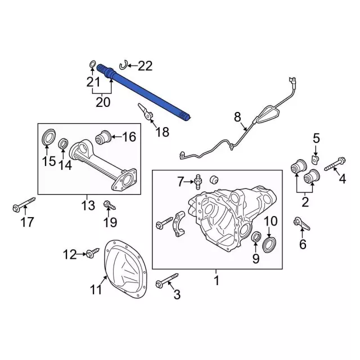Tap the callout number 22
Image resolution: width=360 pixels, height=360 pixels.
tap(145, 66)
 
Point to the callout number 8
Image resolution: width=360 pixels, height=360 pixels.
tap(237, 117)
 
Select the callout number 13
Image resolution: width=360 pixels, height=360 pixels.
tap(88, 206)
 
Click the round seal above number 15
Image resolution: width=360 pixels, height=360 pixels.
tap(49, 137)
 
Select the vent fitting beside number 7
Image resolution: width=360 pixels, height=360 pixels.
tap(198, 181)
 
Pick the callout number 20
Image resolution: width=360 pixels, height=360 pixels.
tap(103, 102)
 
